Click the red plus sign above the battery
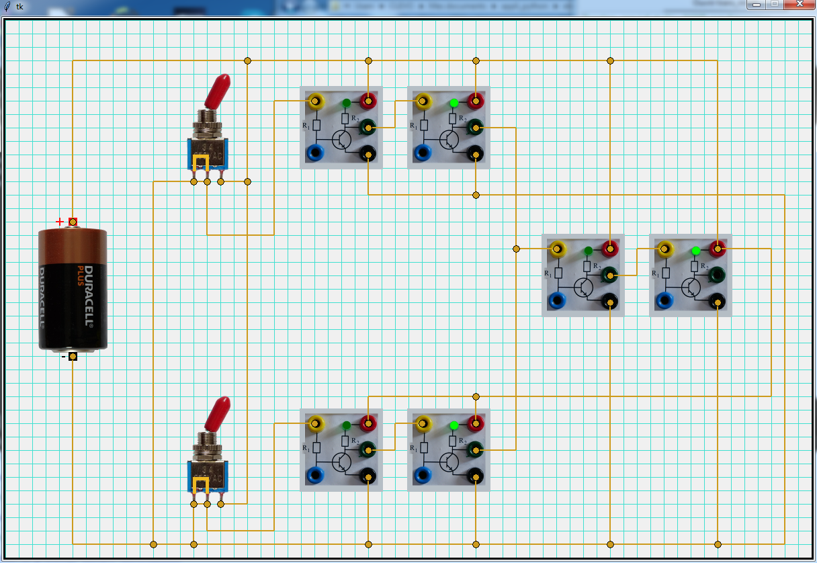(x=60, y=222)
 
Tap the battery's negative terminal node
(x=73, y=357)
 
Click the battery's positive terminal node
(x=73, y=222)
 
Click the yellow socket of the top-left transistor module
(x=314, y=101)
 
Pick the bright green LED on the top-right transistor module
(x=454, y=103)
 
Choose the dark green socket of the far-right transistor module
(x=718, y=274)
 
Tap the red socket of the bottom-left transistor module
(x=368, y=423)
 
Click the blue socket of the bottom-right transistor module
(x=423, y=476)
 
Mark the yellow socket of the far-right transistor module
(x=664, y=249)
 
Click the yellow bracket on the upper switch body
(x=200, y=163)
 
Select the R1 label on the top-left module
(x=306, y=126)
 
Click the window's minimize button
(x=757, y=5)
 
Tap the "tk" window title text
(x=19, y=6)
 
